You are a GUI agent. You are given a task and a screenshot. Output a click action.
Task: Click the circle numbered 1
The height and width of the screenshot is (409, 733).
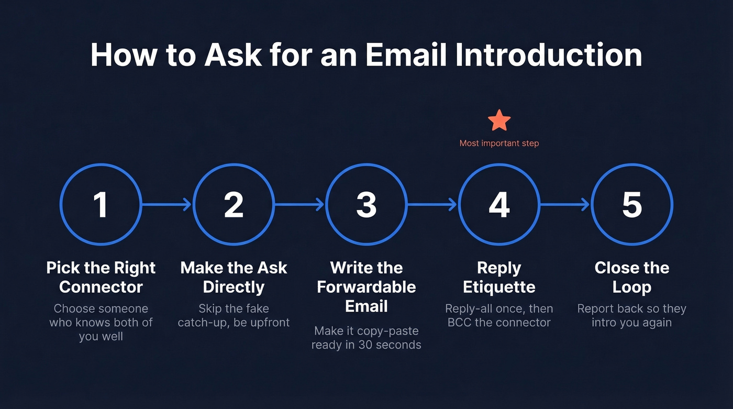(x=101, y=204)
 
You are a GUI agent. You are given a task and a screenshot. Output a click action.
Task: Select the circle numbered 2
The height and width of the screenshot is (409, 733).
(x=234, y=204)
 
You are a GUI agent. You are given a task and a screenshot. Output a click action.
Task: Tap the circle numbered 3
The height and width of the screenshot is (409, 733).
(x=366, y=204)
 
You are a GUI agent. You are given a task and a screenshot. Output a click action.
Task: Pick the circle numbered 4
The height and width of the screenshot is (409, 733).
(x=499, y=204)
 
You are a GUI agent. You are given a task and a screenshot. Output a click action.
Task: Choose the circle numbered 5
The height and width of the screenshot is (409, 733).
(x=632, y=204)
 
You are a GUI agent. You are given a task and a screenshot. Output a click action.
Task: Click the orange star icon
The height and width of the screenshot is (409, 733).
(x=499, y=120)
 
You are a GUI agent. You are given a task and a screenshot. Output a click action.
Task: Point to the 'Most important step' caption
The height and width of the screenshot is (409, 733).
(x=499, y=143)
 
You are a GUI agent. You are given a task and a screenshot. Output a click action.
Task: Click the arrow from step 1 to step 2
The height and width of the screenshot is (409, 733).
(x=167, y=204)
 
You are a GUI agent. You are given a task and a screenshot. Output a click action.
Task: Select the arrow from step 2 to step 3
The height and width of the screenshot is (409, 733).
(x=300, y=204)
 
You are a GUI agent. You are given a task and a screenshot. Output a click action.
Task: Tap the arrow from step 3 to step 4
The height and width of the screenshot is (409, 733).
(x=432, y=204)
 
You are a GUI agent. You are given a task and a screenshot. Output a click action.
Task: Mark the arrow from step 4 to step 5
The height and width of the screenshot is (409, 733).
(x=565, y=204)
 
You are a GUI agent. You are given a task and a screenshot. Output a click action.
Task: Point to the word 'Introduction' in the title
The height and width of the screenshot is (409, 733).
(x=546, y=54)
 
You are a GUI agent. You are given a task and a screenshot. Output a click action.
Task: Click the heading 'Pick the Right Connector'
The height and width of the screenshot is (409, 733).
(x=101, y=277)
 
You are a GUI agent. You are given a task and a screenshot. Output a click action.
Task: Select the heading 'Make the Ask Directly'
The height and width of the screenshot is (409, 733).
(x=234, y=277)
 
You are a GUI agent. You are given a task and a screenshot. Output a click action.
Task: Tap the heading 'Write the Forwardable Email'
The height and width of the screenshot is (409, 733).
(x=366, y=286)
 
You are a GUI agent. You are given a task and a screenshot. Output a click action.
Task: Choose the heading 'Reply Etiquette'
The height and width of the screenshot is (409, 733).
(x=499, y=277)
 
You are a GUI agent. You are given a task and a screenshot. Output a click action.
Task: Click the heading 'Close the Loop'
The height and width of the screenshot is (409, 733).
(x=632, y=277)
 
